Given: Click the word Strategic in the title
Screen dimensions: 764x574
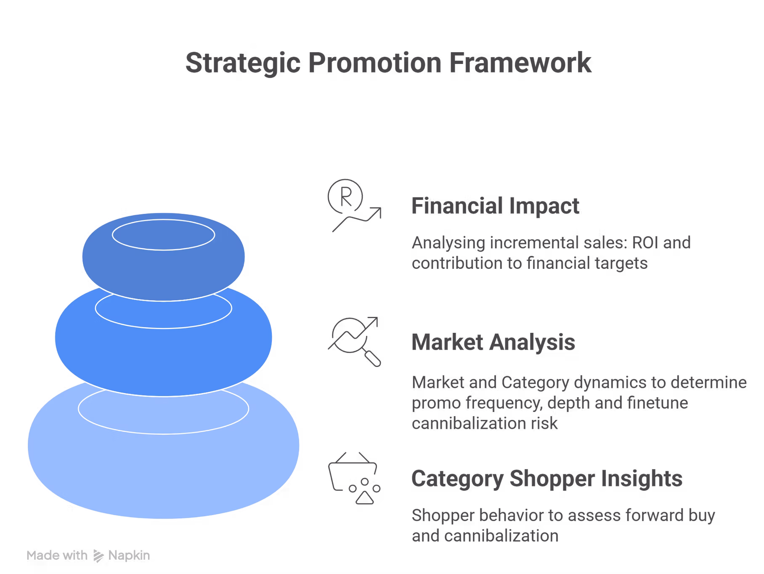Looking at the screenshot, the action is tap(243, 63).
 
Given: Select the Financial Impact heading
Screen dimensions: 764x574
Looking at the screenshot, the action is tap(495, 206).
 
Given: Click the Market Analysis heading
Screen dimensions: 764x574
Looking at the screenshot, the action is tap(493, 342).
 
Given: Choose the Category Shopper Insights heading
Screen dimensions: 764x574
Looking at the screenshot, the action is tap(547, 479).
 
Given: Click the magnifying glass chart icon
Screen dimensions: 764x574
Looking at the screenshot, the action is tap(354, 341).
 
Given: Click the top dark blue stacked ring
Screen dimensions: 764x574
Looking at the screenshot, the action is tap(163, 257).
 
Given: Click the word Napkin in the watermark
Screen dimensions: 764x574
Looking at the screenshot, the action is tap(129, 555).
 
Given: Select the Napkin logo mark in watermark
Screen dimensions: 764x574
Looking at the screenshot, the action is tap(98, 556).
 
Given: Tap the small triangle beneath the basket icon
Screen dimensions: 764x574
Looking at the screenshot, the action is tap(365, 498).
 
